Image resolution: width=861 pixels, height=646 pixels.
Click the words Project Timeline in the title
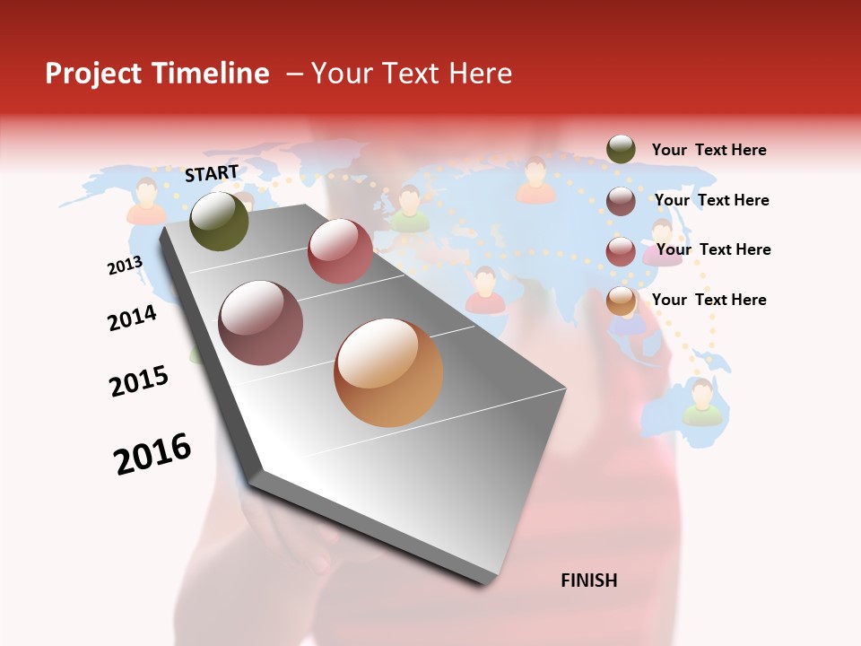[x=157, y=74]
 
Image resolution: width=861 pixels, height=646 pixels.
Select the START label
[x=212, y=173]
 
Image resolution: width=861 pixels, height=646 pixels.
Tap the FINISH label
[x=589, y=581]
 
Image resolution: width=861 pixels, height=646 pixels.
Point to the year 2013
[x=125, y=266]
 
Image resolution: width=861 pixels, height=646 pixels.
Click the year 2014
[x=132, y=318]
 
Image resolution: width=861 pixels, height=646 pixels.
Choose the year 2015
[x=139, y=380]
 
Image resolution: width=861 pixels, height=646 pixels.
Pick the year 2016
[x=152, y=454]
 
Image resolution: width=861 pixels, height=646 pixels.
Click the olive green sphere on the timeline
[x=220, y=221]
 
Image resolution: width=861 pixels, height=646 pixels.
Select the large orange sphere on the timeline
[x=388, y=372]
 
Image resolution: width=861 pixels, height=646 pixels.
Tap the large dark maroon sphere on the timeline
[x=261, y=323]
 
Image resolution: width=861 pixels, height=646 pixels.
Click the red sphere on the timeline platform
[x=340, y=251]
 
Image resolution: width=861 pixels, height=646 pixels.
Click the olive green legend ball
[x=621, y=149]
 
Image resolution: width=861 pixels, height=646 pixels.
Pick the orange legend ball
[x=621, y=301]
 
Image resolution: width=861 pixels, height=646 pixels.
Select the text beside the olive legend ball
[x=709, y=150]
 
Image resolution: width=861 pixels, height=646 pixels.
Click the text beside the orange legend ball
[x=709, y=300]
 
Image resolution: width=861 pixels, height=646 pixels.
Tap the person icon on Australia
[x=702, y=401]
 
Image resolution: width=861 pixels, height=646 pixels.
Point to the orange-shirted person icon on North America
[x=146, y=201]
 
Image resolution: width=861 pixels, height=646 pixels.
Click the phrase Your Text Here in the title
[x=411, y=74]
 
